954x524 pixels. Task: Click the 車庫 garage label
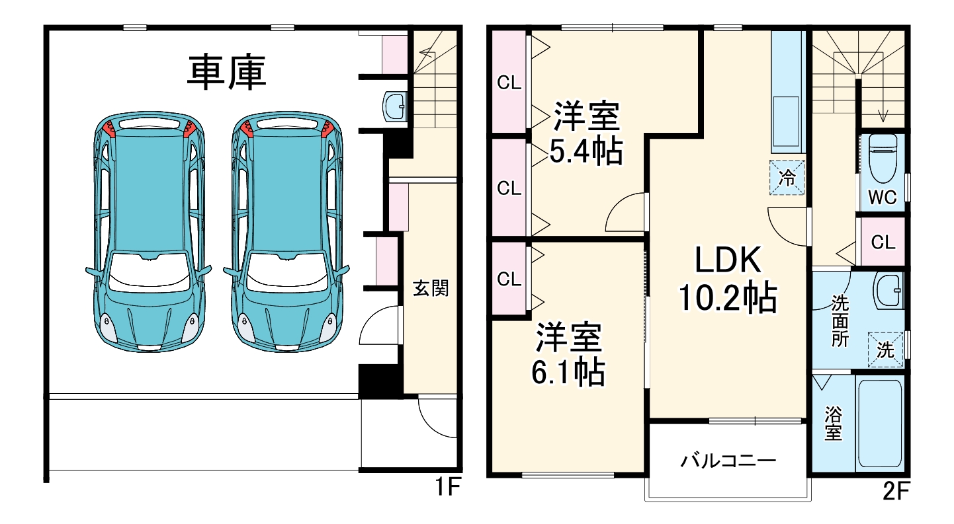pyautogui.click(x=226, y=72)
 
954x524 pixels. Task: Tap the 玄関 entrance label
pyautogui.click(x=431, y=288)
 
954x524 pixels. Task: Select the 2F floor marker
pyautogui.click(x=896, y=491)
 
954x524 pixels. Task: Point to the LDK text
pyautogui.click(x=728, y=260)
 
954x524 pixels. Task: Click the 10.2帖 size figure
pyautogui.click(x=728, y=298)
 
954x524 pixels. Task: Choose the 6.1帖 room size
pyautogui.click(x=568, y=372)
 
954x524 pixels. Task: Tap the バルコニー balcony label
pyautogui.click(x=728, y=461)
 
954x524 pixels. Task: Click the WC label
pyautogui.click(x=882, y=197)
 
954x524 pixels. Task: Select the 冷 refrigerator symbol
pyautogui.click(x=787, y=177)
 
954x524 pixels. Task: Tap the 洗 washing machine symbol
pyautogui.click(x=885, y=350)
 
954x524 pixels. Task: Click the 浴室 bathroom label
pyautogui.click(x=833, y=423)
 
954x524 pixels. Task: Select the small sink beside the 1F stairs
pyautogui.click(x=394, y=106)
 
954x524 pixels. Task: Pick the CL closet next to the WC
pyautogui.click(x=883, y=242)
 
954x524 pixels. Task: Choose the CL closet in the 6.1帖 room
pyautogui.click(x=509, y=279)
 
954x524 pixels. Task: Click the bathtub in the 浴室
pyautogui.click(x=880, y=423)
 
